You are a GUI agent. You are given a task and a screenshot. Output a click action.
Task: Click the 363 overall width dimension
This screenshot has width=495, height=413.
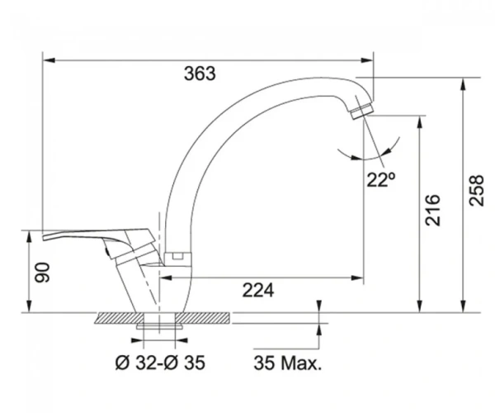(x=200, y=74)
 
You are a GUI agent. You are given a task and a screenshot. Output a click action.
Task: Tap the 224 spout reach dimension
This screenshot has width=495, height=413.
(x=258, y=290)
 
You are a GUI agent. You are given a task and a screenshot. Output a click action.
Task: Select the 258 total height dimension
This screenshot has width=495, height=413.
(x=476, y=191)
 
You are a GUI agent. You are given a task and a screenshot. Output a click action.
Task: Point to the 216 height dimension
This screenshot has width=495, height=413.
(x=432, y=210)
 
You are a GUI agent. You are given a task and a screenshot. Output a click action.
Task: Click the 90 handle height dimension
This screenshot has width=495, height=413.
(x=42, y=273)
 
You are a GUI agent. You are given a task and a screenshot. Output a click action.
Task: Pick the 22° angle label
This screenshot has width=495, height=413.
(x=380, y=179)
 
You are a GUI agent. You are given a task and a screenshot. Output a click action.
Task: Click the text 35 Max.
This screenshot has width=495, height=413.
(x=288, y=363)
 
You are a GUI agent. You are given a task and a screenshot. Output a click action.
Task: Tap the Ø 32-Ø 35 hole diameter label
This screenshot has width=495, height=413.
(x=160, y=363)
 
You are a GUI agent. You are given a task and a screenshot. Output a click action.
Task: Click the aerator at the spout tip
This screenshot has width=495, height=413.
(x=362, y=111)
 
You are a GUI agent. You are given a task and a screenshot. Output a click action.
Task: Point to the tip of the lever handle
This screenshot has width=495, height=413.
(x=43, y=238)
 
